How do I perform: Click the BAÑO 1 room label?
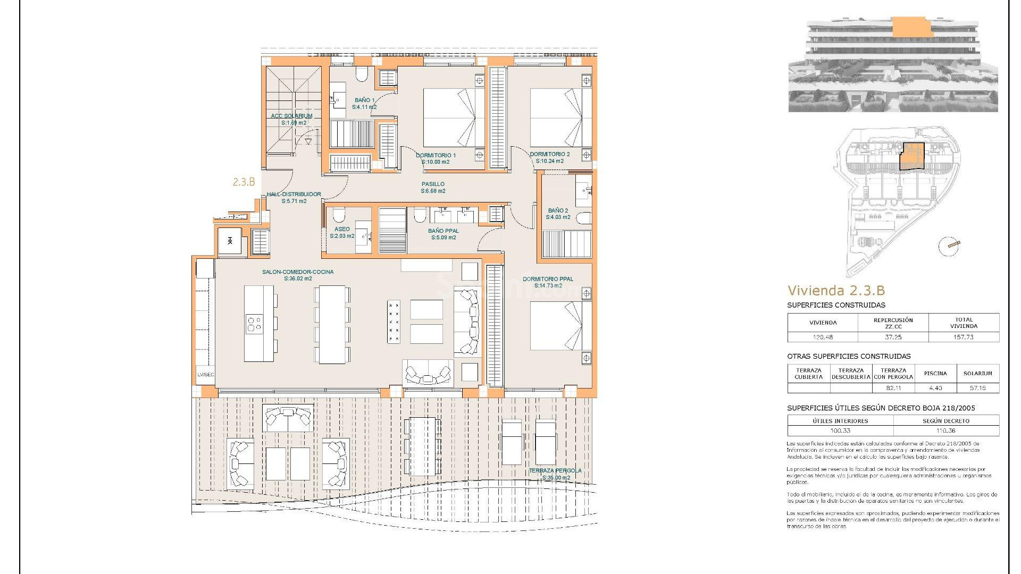(x=364, y=100)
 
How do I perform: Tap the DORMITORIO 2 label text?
(x=549, y=154)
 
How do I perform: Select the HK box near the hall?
(x=230, y=241)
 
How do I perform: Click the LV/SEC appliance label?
(x=206, y=375)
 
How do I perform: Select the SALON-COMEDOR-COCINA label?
(x=298, y=272)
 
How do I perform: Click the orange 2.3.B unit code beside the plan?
(x=244, y=182)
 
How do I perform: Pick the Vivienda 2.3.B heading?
(x=836, y=290)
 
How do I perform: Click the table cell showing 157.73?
(x=964, y=337)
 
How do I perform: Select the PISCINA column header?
(x=935, y=373)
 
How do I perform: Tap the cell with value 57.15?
(x=977, y=388)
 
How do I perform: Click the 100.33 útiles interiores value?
(x=840, y=430)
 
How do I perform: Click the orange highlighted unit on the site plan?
(x=911, y=157)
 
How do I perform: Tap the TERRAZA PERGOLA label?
(x=555, y=471)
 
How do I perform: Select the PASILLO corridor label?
(x=433, y=184)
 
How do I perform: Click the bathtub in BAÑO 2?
(x=583, y=218)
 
